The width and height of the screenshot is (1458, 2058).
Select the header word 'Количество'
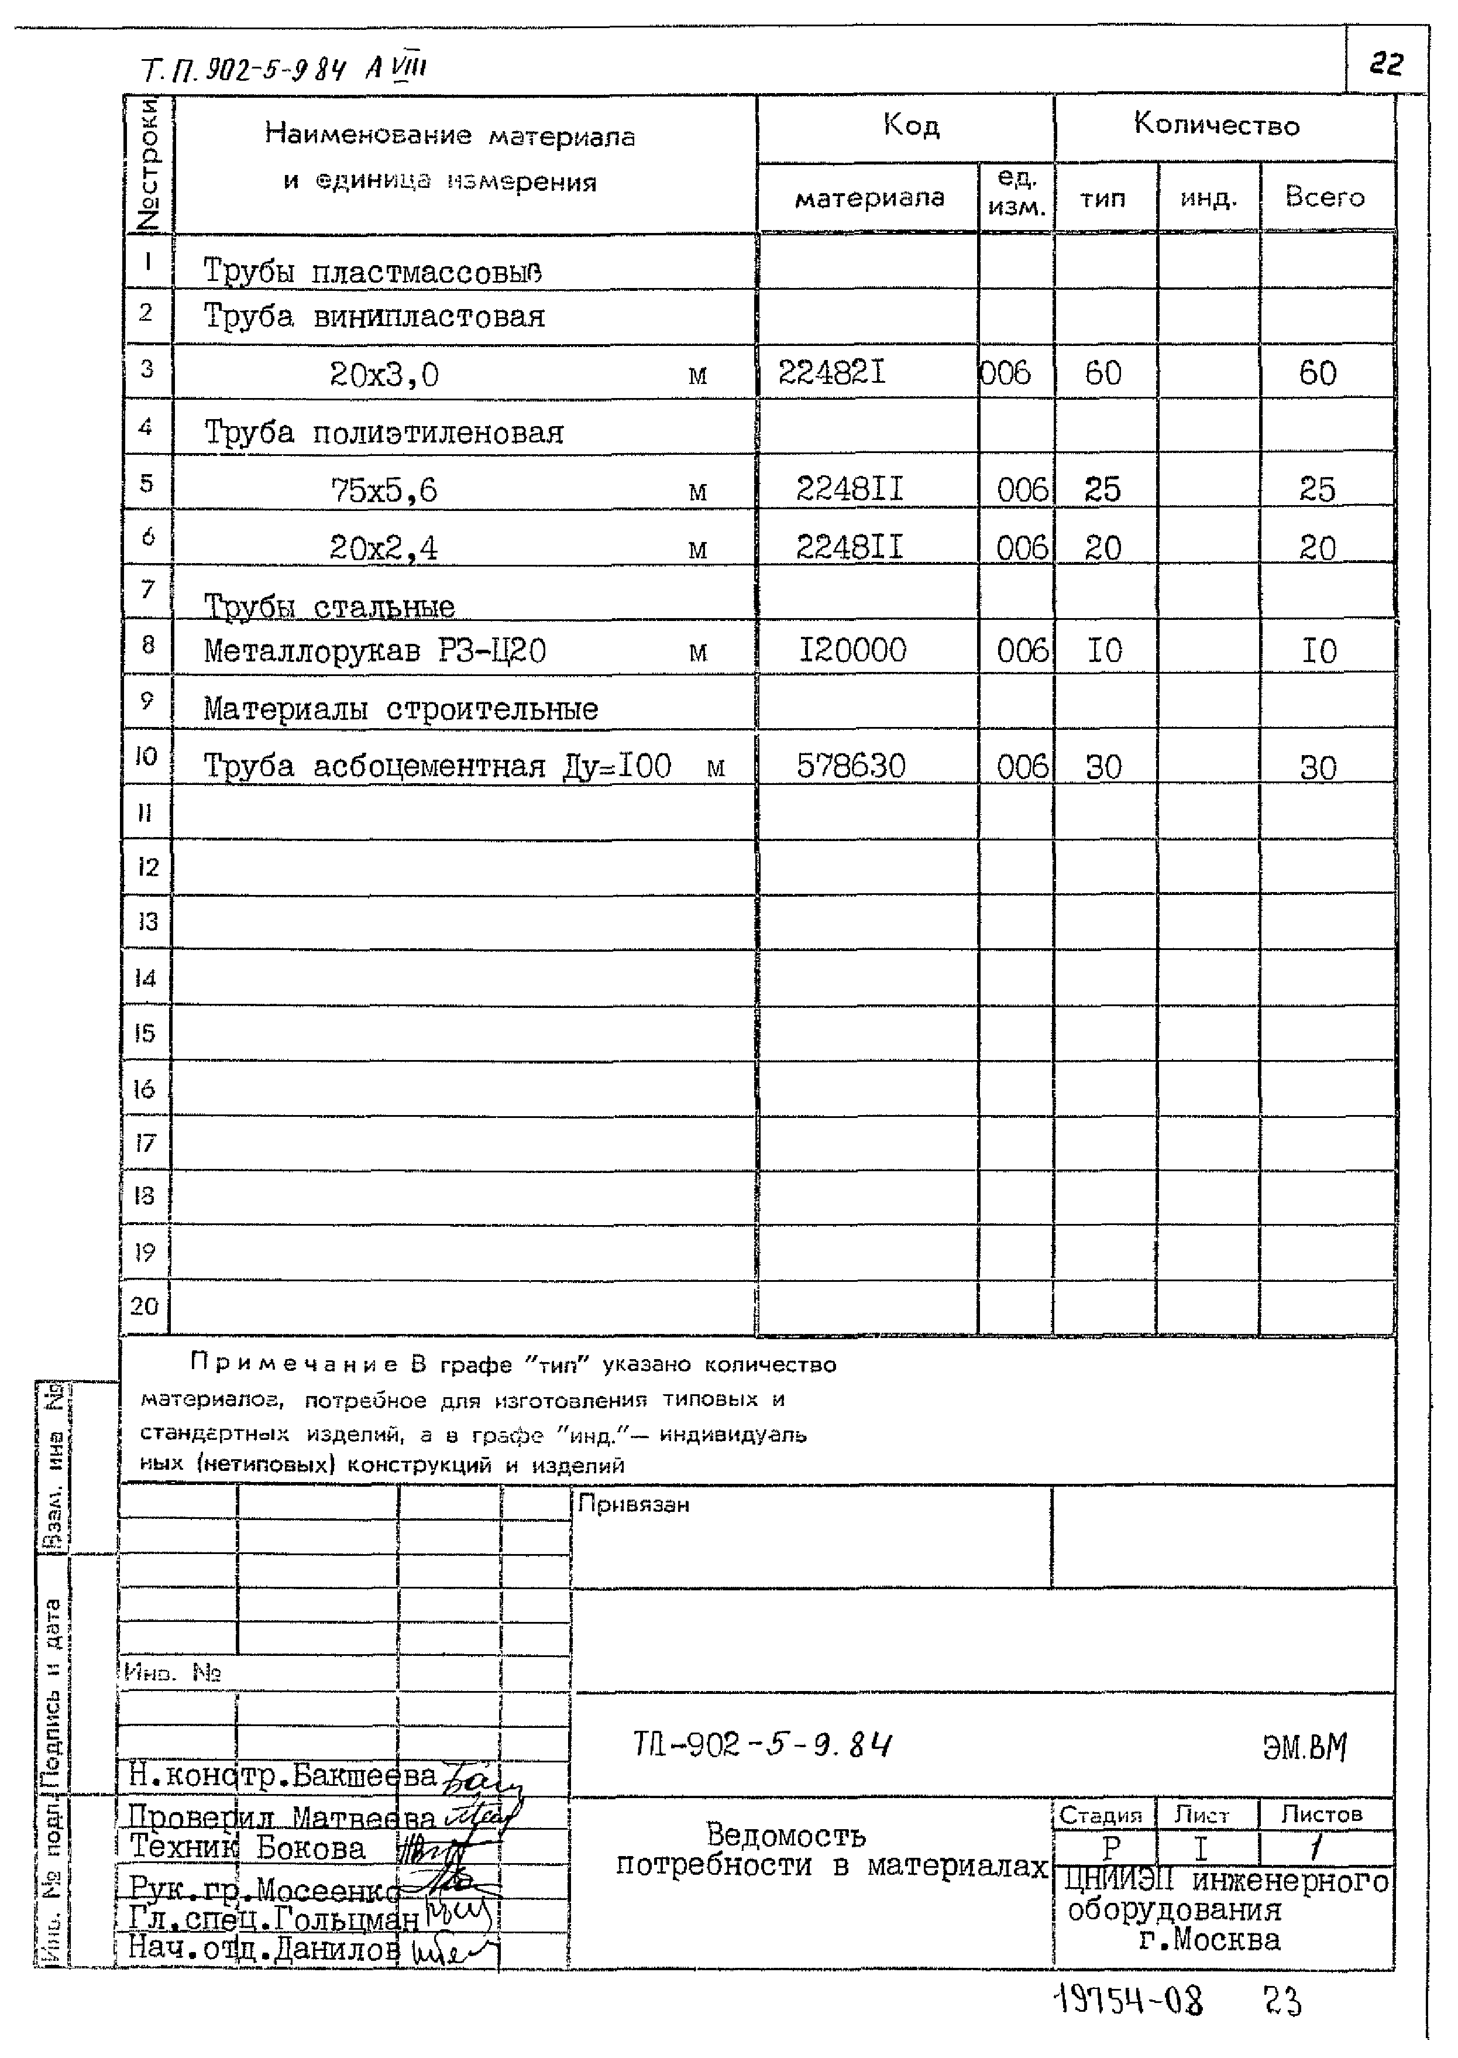(x=1216, y=124)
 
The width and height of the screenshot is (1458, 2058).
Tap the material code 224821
(x=831, y=372)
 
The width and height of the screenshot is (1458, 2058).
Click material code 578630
(x=850, y=766)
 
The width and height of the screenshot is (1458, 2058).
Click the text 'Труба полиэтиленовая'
(x=383, y=433)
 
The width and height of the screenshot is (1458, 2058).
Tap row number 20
(x=145, y=1305)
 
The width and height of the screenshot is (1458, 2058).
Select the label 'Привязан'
(x=633, y=1504)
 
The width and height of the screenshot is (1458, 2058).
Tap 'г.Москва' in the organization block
(x=1209, y=1940)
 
